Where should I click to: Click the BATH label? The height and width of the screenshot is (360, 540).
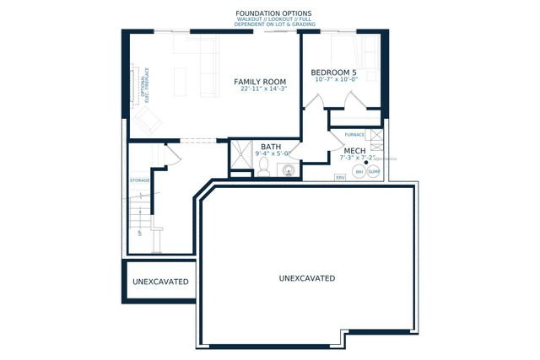coord(271,147)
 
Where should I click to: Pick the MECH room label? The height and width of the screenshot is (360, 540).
coord(354,150)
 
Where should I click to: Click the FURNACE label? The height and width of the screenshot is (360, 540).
coord(354,135)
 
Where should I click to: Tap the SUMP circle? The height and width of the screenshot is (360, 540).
coord(374,172)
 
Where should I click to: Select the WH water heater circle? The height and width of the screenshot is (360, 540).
coord(359,172)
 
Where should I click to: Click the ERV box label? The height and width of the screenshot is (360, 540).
coord(341,178)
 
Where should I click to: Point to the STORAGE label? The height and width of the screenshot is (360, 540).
coord(139,181)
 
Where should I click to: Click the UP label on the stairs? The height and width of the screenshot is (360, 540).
coord(140,233)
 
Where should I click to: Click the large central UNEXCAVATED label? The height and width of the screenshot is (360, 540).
coord(307,278)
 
